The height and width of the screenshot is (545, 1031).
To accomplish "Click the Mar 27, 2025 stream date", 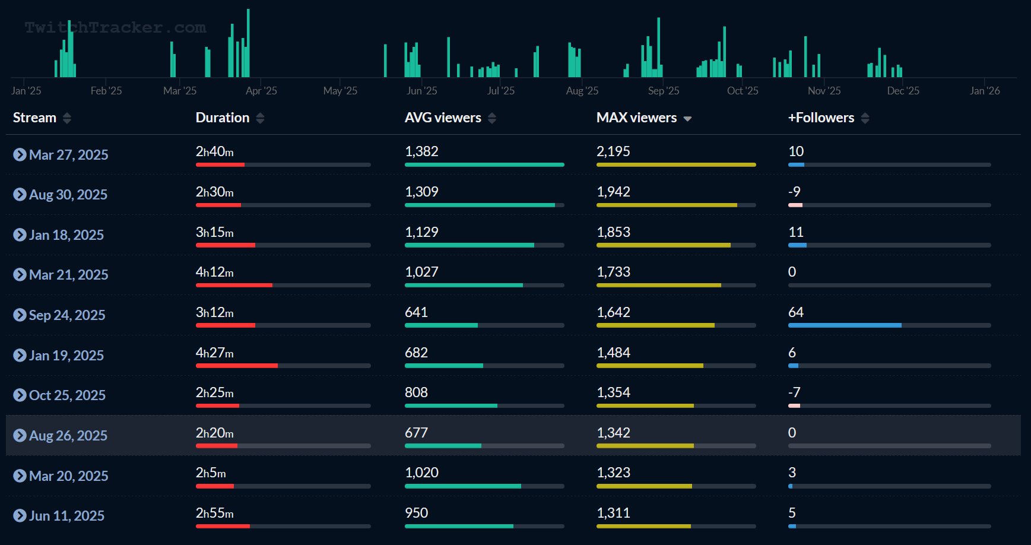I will tap(68, 155).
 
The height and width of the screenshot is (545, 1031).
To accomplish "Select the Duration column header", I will tap(223, 118).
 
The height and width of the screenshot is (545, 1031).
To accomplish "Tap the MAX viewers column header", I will tap(636, 118).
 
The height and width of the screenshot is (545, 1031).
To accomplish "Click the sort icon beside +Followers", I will tap(865, 118).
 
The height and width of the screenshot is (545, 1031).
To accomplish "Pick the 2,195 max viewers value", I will tap(613, 151).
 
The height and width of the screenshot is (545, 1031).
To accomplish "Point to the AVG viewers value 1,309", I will tap(421, 192).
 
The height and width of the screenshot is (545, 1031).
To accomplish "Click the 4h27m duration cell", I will tap(214, 353).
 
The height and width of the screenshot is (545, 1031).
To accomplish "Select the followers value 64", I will tap(795, 312).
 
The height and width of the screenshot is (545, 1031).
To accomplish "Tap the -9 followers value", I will tap(794, 192).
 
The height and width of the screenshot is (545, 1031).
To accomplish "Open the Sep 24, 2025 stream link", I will tap(67, 315).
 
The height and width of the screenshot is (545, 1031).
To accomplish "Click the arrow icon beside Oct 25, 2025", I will tap(20, 395).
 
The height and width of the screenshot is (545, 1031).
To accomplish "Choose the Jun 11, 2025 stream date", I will tap(66, 516).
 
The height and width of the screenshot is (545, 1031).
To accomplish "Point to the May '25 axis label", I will tap(340, 91).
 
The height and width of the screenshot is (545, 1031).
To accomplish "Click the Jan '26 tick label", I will tap(985, 91).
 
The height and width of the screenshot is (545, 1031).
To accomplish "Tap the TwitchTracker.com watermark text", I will tap(115, 27).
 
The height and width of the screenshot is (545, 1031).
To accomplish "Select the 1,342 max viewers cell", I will tap(613, 433).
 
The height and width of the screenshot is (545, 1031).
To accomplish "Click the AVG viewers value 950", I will tap(416, 513).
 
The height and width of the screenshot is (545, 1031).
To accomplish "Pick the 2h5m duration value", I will tap(211, 473).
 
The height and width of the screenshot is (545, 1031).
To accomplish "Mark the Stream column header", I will tap(34, 118).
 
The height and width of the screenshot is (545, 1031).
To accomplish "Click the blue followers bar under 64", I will tap(844, 325).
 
